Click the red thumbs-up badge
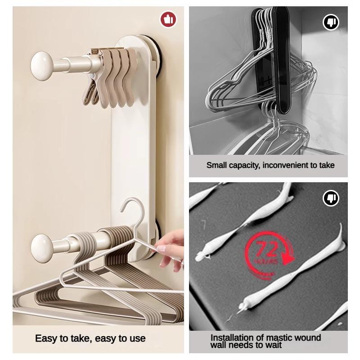168,19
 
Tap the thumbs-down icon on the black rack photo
331,22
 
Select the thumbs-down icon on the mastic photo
331,198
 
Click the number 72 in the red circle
267,249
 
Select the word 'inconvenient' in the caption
286,165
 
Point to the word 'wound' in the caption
308,337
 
